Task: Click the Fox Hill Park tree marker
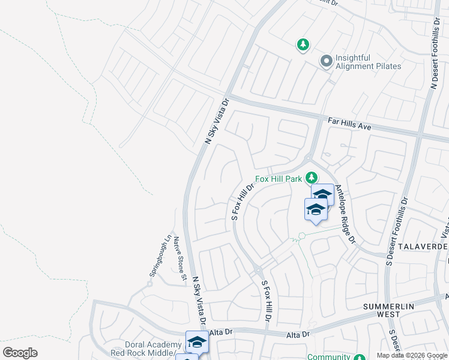click(x=311, y=178)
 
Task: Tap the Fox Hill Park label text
click(x=278, y=179)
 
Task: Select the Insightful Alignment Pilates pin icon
click(x=327, y=61)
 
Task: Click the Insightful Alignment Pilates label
click(x=368, y=62)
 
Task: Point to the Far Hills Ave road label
click(x=350, y=124)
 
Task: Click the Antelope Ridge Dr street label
click(x=346, y=213)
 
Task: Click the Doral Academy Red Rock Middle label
click(x=153, y=349)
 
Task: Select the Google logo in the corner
click(x=20, y=353)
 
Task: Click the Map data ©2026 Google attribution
click(x=411, y=355)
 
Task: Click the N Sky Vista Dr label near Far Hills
click(x=217, y=121)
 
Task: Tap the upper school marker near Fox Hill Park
click(x=322, y=194)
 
